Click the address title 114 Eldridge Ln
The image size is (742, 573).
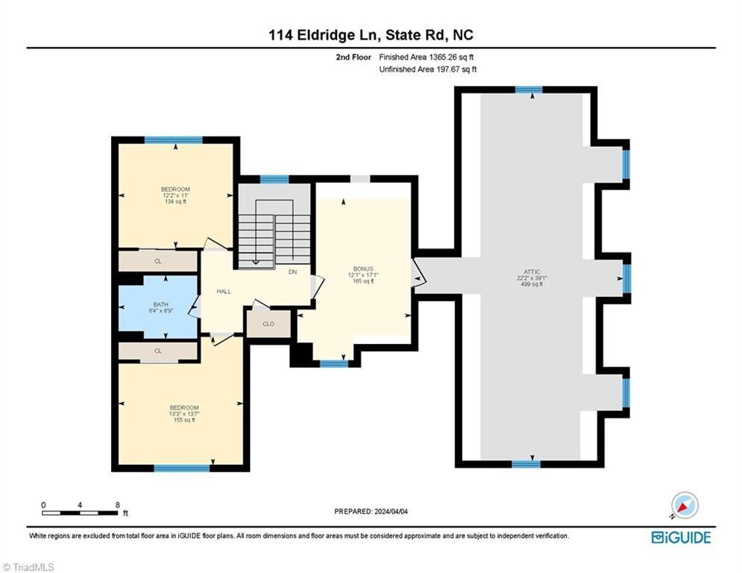tap(371, 34)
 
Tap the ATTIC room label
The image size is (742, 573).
tap(531, 272)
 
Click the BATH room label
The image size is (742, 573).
tap(160, 304)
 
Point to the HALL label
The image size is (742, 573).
tap(224, 291)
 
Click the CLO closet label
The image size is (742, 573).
tap(268, 324)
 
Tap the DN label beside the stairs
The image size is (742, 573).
tap(293, 272)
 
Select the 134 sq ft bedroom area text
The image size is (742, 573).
tap(175, 201)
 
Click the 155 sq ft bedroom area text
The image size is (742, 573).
tap(183, 420)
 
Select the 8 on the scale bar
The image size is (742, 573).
tap(117, 504)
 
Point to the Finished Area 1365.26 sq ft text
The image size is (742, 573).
tap(427, 57)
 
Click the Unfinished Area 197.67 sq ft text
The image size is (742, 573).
tap(427, 69)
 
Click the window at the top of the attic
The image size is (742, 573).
tap(529, 90)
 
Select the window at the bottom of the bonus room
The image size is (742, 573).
tap(333, 364)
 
